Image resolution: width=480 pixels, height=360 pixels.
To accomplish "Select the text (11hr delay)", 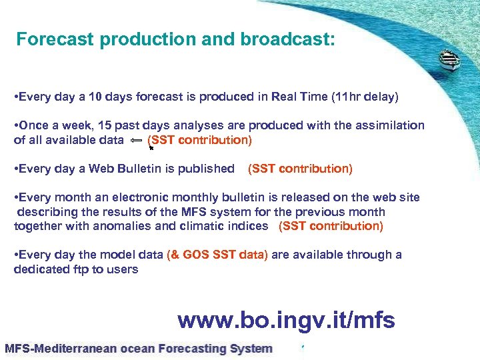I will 365,97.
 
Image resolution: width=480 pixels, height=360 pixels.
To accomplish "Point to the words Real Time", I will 301,97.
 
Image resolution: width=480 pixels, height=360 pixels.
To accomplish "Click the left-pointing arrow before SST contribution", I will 135,140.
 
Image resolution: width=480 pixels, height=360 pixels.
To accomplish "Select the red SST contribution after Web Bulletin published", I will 300,169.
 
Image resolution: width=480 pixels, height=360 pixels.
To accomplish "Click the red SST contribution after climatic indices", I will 331,226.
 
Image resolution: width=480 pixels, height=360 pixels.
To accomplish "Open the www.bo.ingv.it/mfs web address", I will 287,321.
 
